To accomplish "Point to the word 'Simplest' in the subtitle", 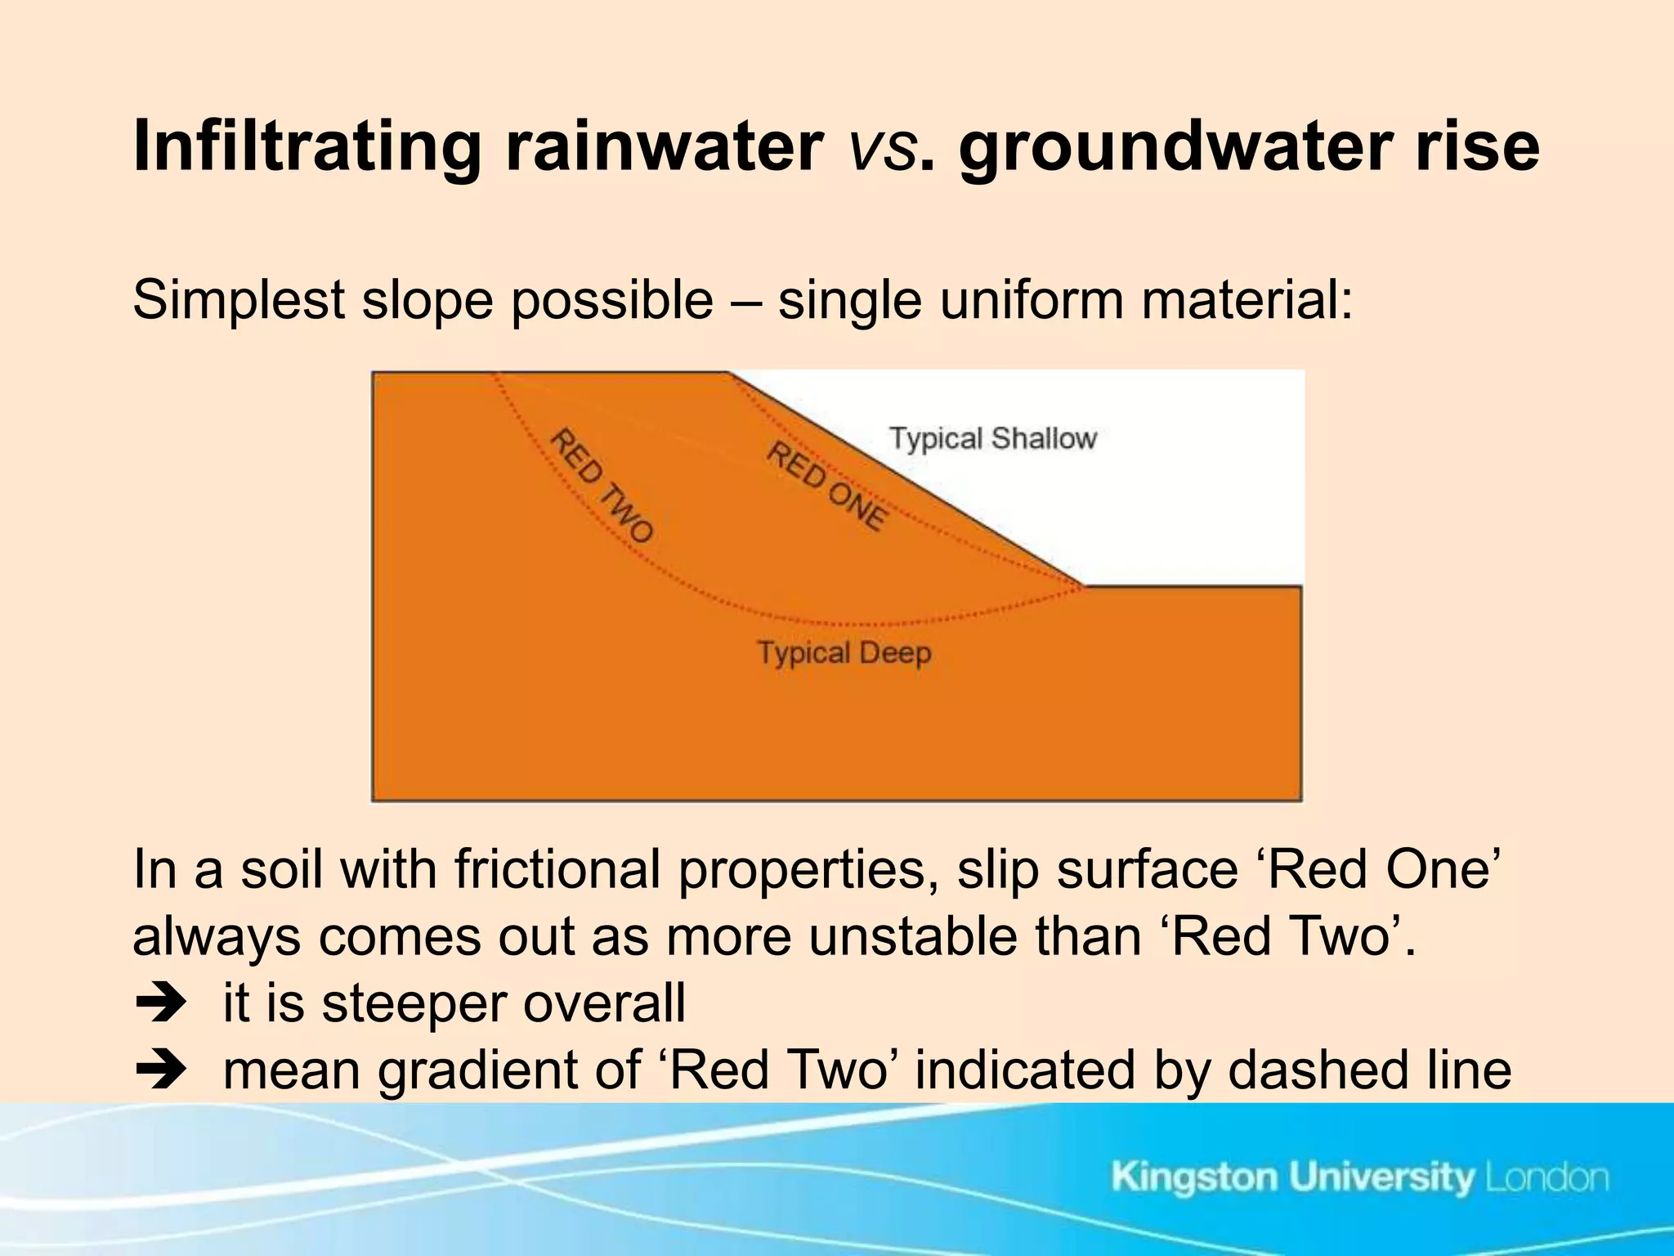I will [238, 301].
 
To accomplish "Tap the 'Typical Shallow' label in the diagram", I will [992, 439].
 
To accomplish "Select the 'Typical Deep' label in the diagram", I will [844, 653].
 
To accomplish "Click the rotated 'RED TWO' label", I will [601, 486].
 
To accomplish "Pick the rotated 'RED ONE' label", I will [826, 486].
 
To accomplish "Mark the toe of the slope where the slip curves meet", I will [1084, 585].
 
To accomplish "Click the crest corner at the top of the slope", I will [728, 374].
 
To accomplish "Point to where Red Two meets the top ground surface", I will [495, 375].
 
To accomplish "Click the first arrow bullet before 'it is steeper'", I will [161, 1004].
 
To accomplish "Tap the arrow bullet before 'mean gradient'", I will [161, 1070].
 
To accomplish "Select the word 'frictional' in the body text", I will [557, 870].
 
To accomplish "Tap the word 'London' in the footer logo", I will [1546, 1178].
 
